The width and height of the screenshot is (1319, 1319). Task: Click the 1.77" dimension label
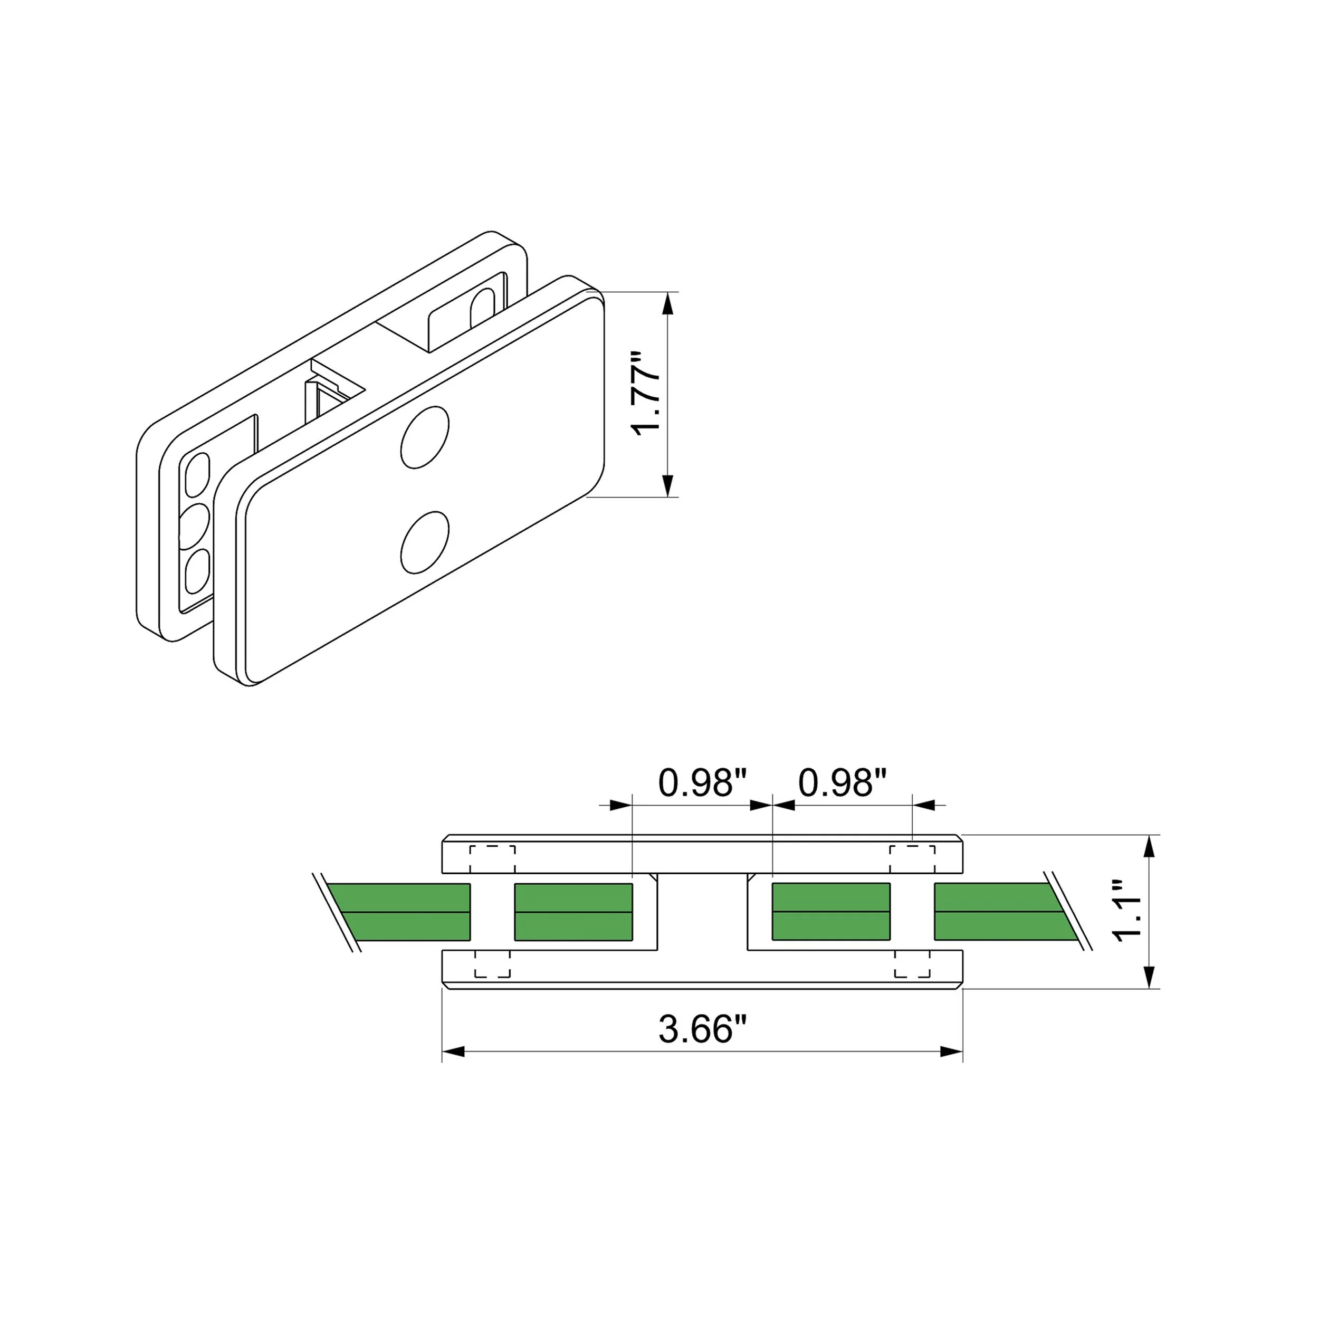646,394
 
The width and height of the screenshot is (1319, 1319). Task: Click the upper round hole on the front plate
425,437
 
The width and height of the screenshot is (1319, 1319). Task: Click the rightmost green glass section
1000,911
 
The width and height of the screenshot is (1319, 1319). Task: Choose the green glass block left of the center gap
574,911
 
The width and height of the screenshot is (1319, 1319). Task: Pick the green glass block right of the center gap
831,911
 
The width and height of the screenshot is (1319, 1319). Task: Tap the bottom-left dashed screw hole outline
492,964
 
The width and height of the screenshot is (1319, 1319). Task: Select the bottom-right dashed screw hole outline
912,964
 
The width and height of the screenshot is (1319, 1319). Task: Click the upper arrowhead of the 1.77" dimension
668,304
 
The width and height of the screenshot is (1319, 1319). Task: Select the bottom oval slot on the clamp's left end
197,571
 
